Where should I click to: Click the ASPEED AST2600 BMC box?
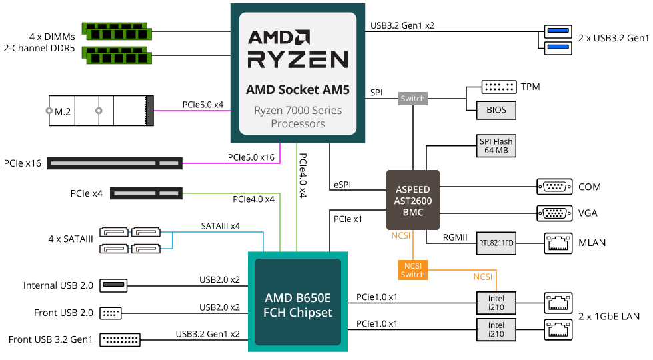pyautogui.click(x=413, y=201)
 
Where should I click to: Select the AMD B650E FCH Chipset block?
pyautogui.click(x=298, y=301)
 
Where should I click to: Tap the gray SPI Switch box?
pyautogui.click(x=412, y=99)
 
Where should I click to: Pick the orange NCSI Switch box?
pyautogui.click(x=412, y=269)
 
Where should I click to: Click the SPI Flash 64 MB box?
pyautogui.click(x=496, y=146)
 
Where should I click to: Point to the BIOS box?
pyautogui.click(x=496, y=110)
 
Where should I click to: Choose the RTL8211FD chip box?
pyautogui.click(x=496, y=243)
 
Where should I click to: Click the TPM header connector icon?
pyautogui.click(x=498, y=87)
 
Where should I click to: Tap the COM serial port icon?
pyautogui.click(x=553, y=187)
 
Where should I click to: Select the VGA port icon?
pyautogui.click(x=553, y=213)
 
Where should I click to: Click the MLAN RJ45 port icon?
pyautogui.click(x=558, y=243)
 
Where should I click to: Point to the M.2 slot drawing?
pyautogui.click(x=100, y=111)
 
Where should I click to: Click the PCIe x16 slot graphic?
pyautogui.click(x=114, y=163)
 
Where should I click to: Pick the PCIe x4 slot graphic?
pyautogui.click(x=146, y=193)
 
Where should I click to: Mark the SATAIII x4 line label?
pyautogui.click(x=220, y=226)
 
